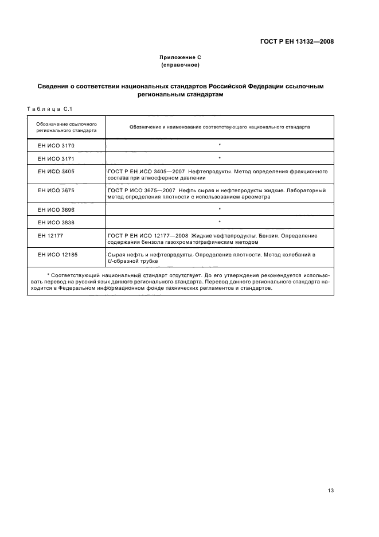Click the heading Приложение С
coord(180,57)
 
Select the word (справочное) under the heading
coord(180,65)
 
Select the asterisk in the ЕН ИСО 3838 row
coord(220,222)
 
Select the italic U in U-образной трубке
coord(109,261)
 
